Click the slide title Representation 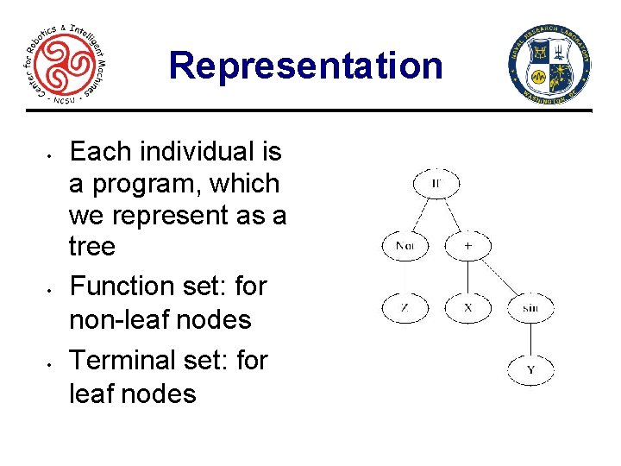coord(305,66)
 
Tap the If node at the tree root coord(436,183)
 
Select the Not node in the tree coord(404,246)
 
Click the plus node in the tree coord(468,246)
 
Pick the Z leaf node coord(404,308)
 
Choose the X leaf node coord(468,308)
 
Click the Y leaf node coord(530,370)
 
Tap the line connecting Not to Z coord(404,277)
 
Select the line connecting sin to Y coord(530,339)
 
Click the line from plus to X coord(468,277)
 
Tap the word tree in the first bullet coord(91,248)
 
